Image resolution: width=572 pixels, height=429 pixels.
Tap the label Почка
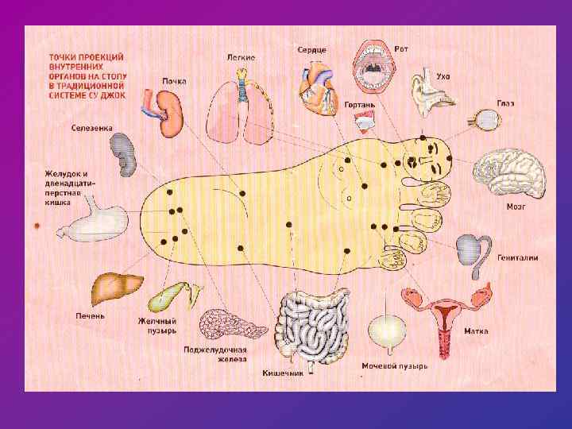174,81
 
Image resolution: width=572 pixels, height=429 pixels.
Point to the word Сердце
311,50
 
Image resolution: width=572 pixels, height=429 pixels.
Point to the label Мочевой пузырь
394,366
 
